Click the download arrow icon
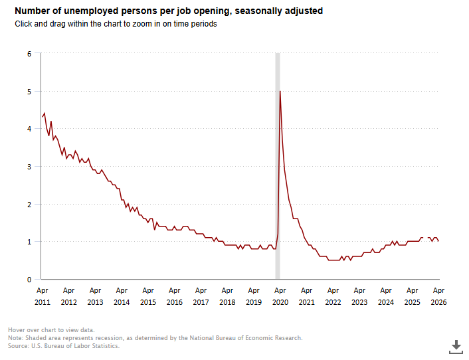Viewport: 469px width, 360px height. coord(456,347)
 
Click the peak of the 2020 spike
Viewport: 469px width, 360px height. coord(280,91)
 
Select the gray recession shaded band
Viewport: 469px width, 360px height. coord(278,166)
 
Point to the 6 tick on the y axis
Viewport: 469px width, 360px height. coord(29,54)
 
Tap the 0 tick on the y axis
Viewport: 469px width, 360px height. coord(29,280)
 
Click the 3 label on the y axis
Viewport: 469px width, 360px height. coord(29,167)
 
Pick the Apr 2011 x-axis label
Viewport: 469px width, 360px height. coord(43,296)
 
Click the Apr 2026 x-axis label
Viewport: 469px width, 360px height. coord(438,296)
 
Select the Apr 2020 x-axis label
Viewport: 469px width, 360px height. coord(280,296)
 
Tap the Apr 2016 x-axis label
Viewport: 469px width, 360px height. coord(174,296)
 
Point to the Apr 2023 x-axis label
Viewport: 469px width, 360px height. coord(359,296)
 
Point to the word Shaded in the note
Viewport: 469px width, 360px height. coord(35,338)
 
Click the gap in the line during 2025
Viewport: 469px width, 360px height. coord(425,238)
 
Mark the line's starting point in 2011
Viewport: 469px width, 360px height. coord(43,116)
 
